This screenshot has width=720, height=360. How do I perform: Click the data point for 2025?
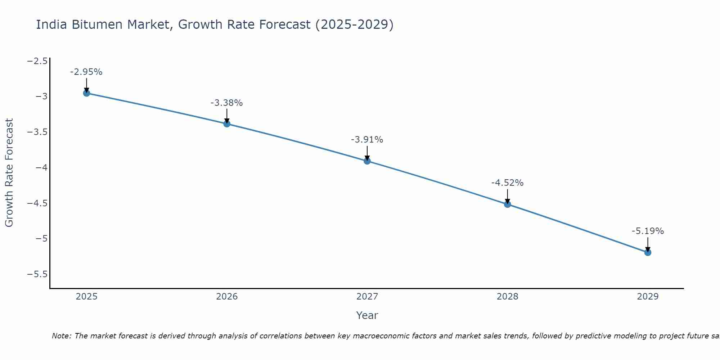pyautogui.click(x=86, y=93)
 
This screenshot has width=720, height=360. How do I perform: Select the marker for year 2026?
pyautogui.click(x=227, y=124)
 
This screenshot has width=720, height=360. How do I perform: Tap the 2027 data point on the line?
pyautogui.click(x=367, y=161)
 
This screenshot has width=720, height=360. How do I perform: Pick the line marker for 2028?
pyautogui.click(x=508, y=204)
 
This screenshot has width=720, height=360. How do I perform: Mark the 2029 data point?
pyautogui.click(x=648, y=252)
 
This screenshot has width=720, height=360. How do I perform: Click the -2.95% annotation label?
pyautogui.click(x=86, y=72)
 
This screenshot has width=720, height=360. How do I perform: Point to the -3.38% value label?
pyautogui.click(x=227, y=103)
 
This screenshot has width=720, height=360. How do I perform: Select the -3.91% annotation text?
pyautogui.click(x=367, y=140)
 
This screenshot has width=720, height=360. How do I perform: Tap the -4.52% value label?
pyautogui.click(x=508, y=183)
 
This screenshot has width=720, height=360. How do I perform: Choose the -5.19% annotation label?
pyautogui.click(x=648, y=231)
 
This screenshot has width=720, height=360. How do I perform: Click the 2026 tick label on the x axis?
pyautogui.click(x=227, y=297)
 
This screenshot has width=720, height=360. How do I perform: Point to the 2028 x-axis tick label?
pyautogui.click(x=508, y=297)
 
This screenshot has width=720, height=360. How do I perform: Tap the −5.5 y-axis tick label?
pyautogui.click(x=37, y=275)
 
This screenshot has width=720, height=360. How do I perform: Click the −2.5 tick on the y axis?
pyautogui.click(x=37, y=61)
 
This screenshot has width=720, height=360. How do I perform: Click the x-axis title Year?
pyautogui.click(x=367, y=316)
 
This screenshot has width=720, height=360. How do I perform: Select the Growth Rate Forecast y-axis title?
pyautogui.click(x=9, y=173)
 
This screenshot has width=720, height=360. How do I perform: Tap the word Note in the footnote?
pyautogui.click(x=61, y=336)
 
